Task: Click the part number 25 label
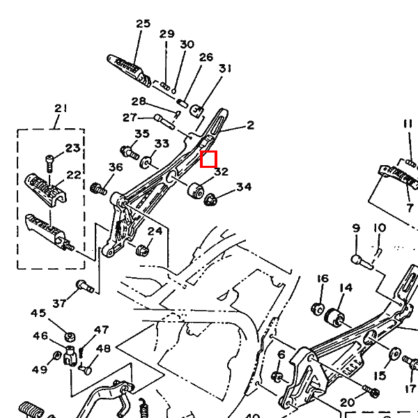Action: tap(143, 24)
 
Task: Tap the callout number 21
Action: tap(61, 108)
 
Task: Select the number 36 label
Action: tap(116, 167)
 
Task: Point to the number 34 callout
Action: tap(243, 187)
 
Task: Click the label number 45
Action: tap(38, 313)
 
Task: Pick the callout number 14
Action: tap(346, 288)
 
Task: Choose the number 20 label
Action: tap(347, 402)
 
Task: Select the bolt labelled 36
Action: tap(98, 188)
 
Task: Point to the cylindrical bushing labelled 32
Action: tap(196, 188)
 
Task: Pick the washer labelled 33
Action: tap(147, 164)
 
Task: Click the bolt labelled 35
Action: tap(127, 150)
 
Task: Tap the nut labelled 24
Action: tap(141, 249)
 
